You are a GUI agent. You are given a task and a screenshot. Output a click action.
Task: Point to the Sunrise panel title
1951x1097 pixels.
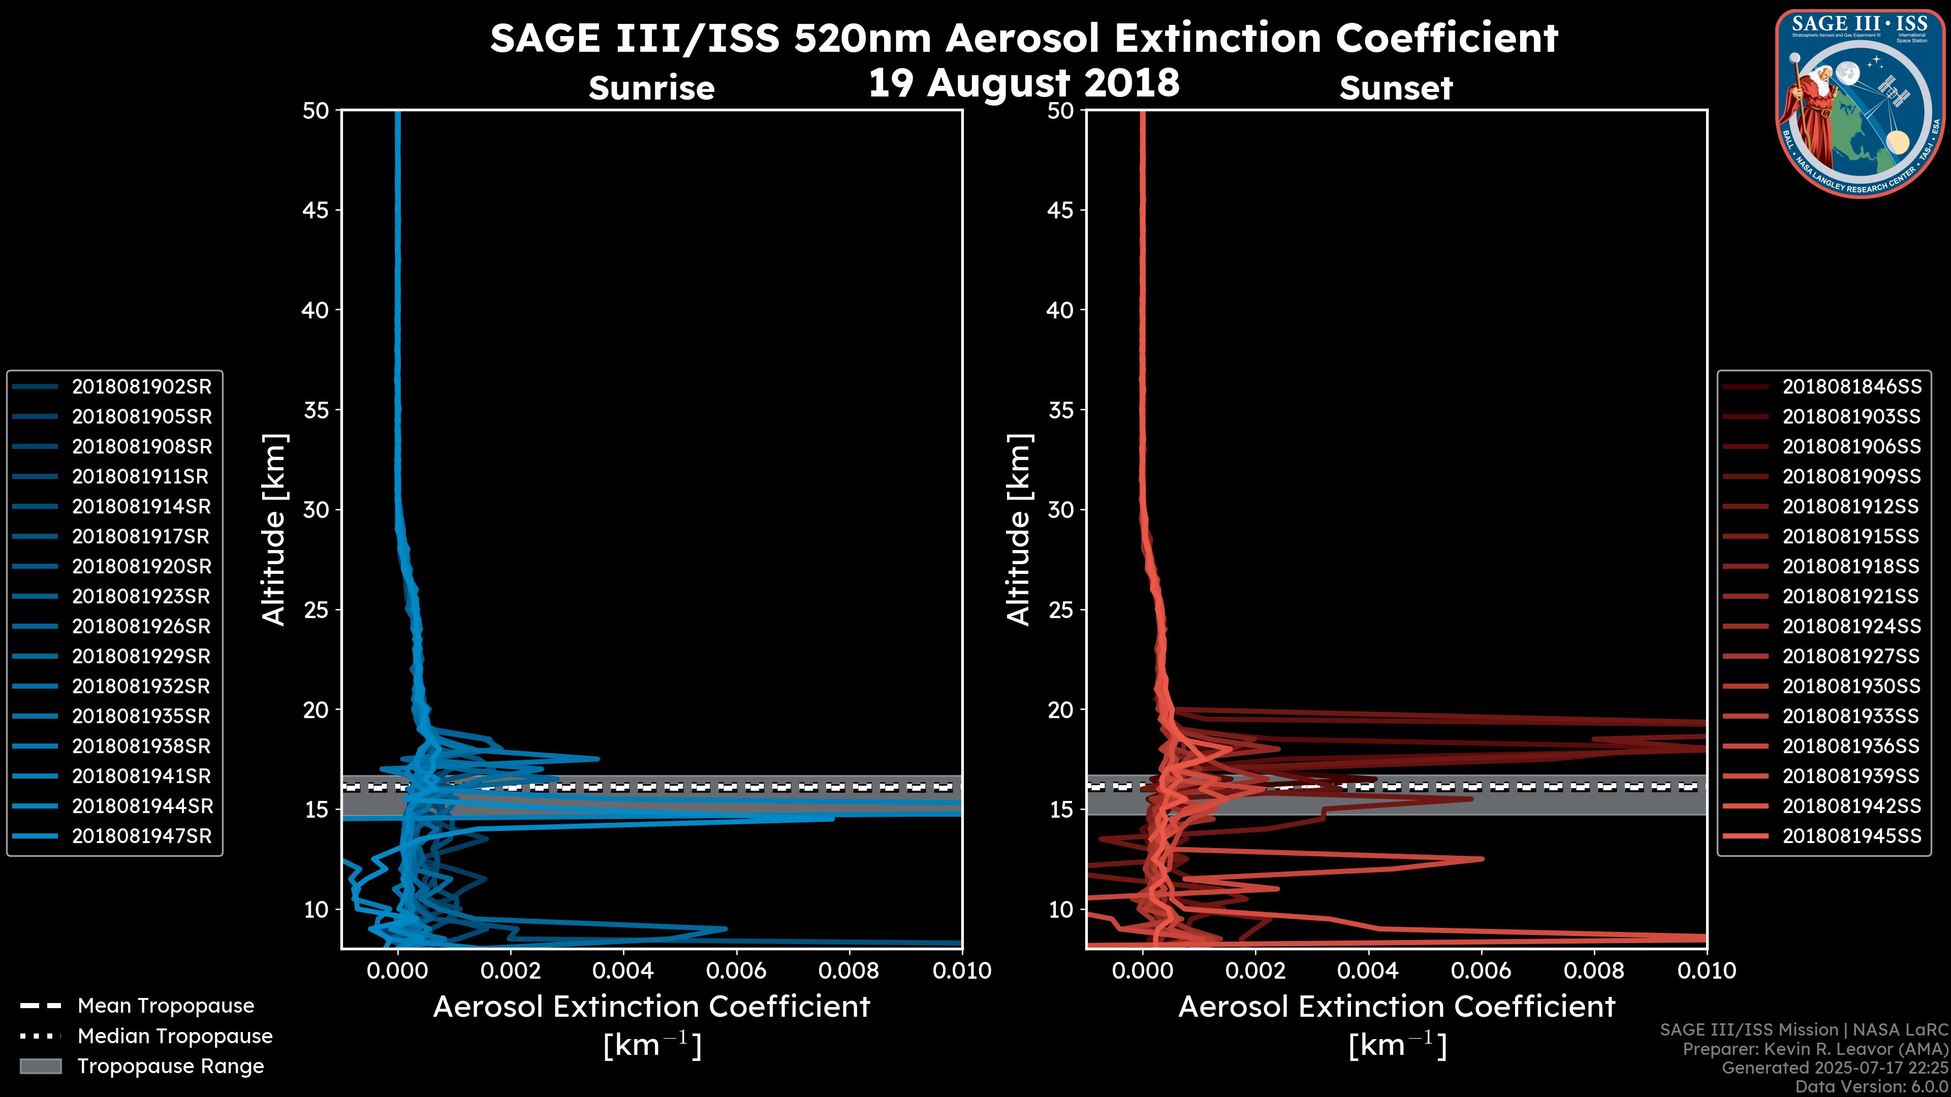[651, 88]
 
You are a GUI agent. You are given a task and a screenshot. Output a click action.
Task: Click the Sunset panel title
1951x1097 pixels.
[1396, 88]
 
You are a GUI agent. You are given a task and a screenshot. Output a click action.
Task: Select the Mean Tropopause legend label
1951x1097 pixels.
[166, 1006]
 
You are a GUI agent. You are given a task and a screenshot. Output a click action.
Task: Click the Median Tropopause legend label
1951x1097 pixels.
[175, 1037]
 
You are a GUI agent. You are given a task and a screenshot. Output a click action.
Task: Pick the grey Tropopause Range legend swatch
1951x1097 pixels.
[41, 1067]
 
